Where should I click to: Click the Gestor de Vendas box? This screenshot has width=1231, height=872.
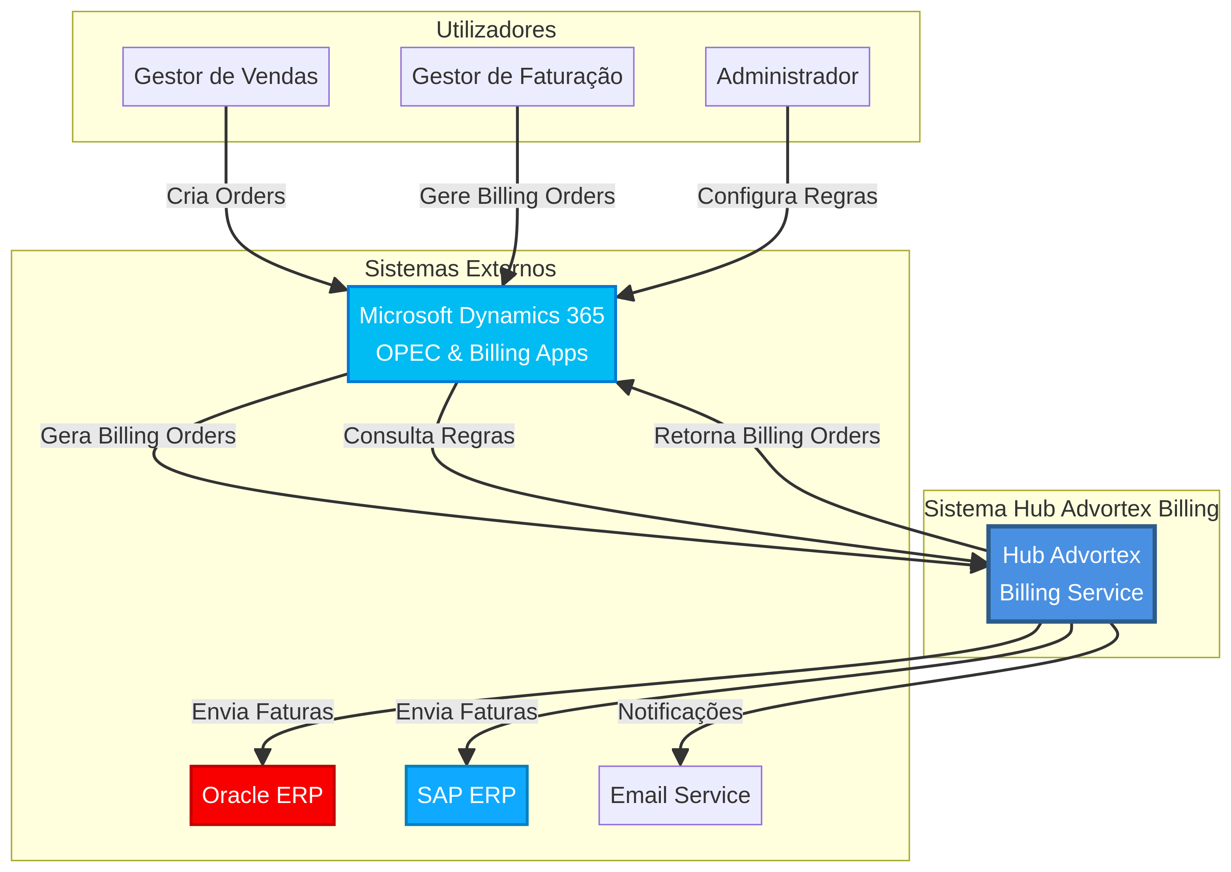(x=226, y=76)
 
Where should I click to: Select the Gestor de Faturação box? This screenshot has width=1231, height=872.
(x=517, y=76)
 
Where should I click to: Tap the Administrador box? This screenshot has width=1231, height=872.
(x=787, y=76)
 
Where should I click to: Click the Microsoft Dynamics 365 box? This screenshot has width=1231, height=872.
(x=481, y=334)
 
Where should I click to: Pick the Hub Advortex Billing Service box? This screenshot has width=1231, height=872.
(x=1071, y=574)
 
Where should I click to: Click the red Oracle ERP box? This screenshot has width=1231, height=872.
(x=262, y=795)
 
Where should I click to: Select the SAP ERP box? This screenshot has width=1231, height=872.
(x=466, y=795)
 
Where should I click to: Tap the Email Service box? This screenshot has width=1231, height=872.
(x=680, y=795)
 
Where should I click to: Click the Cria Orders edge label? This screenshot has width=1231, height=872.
(x=226, y=196)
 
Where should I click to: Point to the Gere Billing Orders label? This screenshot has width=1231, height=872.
(x=517, y=196)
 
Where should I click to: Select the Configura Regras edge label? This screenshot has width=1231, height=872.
(x=787, y=196)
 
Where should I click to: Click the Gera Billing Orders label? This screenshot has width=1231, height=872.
(x=138, y=436)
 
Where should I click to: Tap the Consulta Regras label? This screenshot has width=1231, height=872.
(x=429, y=436)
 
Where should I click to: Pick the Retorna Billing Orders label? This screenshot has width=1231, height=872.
(x=767, y=436)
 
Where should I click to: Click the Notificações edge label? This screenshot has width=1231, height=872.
(x=680, y=712)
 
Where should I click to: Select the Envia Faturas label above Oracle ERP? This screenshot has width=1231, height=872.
(x=262, y=712)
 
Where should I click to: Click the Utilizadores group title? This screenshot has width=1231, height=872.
(x=496, y=30)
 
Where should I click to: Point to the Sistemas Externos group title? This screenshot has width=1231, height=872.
(x=460, y=268)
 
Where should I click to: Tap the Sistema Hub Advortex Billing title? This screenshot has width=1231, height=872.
(x=1071, y=509)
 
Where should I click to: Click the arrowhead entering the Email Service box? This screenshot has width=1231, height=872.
(x=680, y=757)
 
